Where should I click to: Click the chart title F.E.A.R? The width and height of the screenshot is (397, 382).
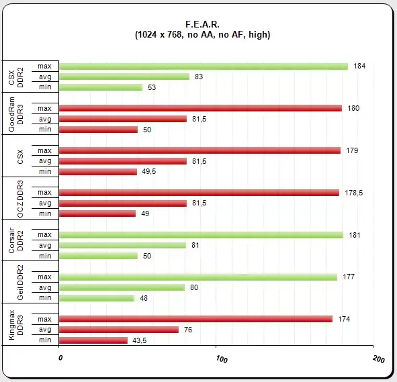point(202,25)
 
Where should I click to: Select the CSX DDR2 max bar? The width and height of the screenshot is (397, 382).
point(204,66)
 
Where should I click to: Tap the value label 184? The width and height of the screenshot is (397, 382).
point(359,66)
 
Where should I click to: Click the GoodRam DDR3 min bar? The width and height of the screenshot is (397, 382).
point(98,130)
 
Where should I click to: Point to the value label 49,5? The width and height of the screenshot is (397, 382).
point(149,171)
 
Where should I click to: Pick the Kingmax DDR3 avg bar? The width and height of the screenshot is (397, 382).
point(119,330)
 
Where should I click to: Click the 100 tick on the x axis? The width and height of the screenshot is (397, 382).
point(222,359)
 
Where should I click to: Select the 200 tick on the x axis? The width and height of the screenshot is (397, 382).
point(378,359)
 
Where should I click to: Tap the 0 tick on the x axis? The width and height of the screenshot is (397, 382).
point(60,358)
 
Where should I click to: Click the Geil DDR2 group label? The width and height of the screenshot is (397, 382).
point(20,283)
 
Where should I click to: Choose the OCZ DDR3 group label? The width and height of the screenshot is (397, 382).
point(20,199)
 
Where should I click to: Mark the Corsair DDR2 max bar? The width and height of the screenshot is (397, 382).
point(201,235)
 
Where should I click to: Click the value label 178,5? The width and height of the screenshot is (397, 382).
point(354,193)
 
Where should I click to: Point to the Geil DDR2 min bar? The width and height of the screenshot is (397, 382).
point(97,298)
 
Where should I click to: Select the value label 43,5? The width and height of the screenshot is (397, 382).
point(140,340)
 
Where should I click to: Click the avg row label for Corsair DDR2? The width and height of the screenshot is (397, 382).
point(45,246)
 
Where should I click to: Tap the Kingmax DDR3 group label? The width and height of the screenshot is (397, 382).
point(15,325)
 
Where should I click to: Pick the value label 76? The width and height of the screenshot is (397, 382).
point(188,330)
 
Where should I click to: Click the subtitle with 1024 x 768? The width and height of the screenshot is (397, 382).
point(203,35)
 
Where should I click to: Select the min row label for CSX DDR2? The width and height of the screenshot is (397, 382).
point(45,87)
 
